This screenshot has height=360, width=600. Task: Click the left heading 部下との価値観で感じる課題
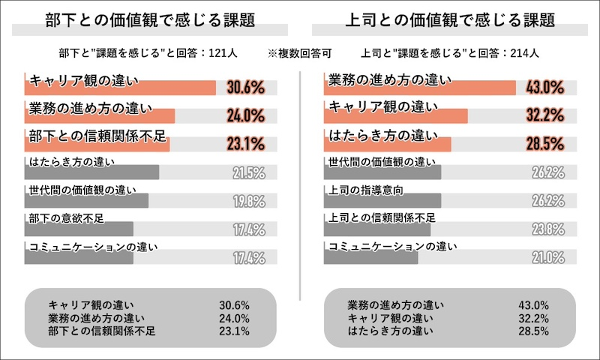(x=151, y=21)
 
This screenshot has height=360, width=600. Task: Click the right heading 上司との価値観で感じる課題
(x=449, y=21)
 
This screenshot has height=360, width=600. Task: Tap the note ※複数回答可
(x=299, y=53)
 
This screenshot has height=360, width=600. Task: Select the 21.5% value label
(x=248, y=173)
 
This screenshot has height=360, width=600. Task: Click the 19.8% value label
(x=248, y=201)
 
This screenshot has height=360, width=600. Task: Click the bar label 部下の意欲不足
(x=63, y=217)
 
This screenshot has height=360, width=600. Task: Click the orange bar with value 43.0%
(x=419, y=88)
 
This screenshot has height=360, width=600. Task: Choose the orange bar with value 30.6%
(x=120, y=88)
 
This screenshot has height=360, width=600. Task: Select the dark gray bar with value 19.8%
(x=86, y=201)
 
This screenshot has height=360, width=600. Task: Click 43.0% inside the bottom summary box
(x=533, y=304)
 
